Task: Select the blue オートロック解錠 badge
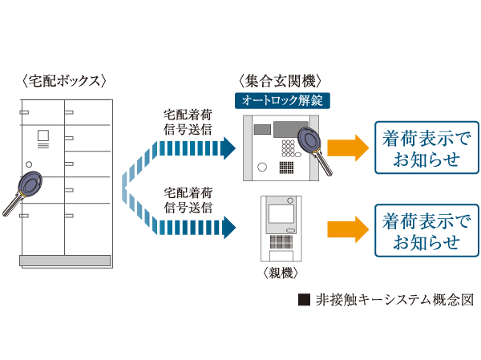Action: (x=281, y=100)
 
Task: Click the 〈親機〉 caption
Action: (x=280, y=273)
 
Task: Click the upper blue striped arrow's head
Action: (x=228, y=148)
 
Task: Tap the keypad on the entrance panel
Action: (x=286, y=148)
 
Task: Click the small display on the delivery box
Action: (x=44, y=137)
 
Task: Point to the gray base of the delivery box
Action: (x=65, y=260)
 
